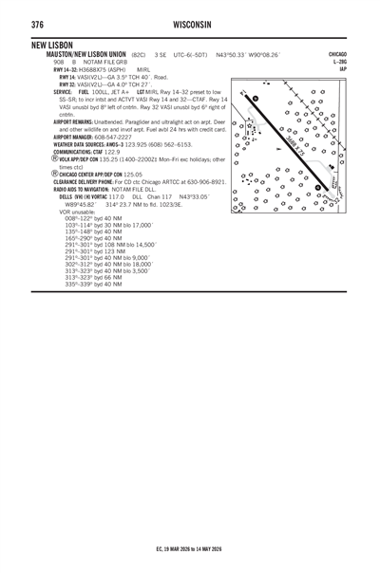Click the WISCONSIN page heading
[x=190, y=22]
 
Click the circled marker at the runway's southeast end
[x=319, y=187]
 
